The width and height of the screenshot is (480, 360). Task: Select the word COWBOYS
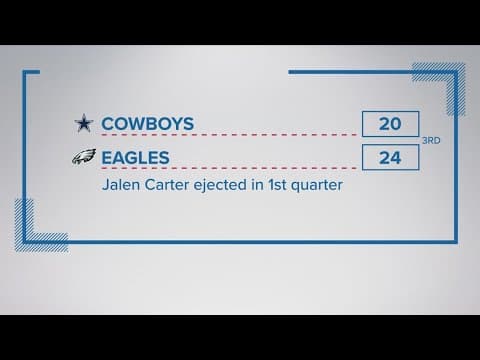point(149,124)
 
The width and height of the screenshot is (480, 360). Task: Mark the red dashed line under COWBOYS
point(230,137)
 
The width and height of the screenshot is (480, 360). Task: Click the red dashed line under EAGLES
point(230,170)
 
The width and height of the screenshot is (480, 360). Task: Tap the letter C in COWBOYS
point(108,124)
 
